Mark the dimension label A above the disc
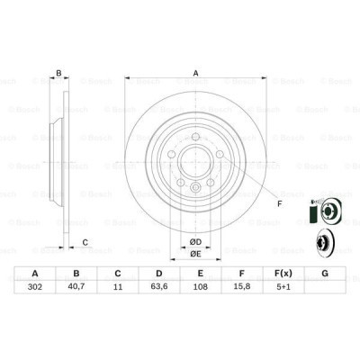point(193,75)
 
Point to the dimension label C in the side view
point(84,240)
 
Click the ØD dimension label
point(193,240)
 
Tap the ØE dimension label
point(193,254)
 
